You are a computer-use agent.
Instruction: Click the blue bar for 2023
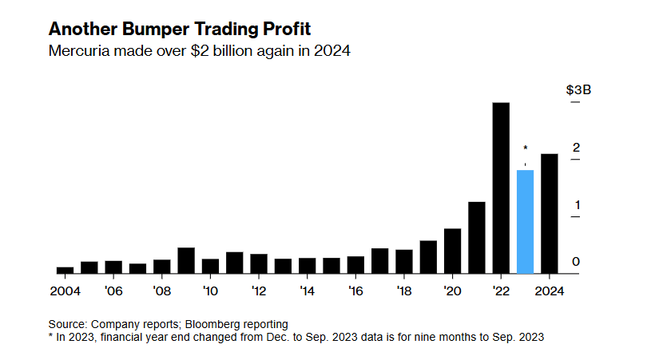click(525, 221)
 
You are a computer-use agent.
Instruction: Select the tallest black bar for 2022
click(501, 188)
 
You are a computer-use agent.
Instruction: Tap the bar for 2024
click(550, 213)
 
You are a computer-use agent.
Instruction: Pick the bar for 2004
click(65, 270)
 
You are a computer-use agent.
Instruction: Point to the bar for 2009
click(186, 260)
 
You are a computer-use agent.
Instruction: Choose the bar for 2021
click(477, 237)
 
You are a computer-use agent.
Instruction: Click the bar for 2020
click(452, 251)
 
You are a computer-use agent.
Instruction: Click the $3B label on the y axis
click(578, 89)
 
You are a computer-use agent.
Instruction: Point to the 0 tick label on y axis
click(574, 262)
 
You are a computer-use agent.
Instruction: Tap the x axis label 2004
click(65, 291)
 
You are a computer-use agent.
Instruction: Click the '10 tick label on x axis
click(210, 291)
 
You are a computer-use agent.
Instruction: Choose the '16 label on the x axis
click(355, 291)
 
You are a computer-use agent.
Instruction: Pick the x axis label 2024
click(550, 291)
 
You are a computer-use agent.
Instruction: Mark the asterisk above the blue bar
click(525, 148)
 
